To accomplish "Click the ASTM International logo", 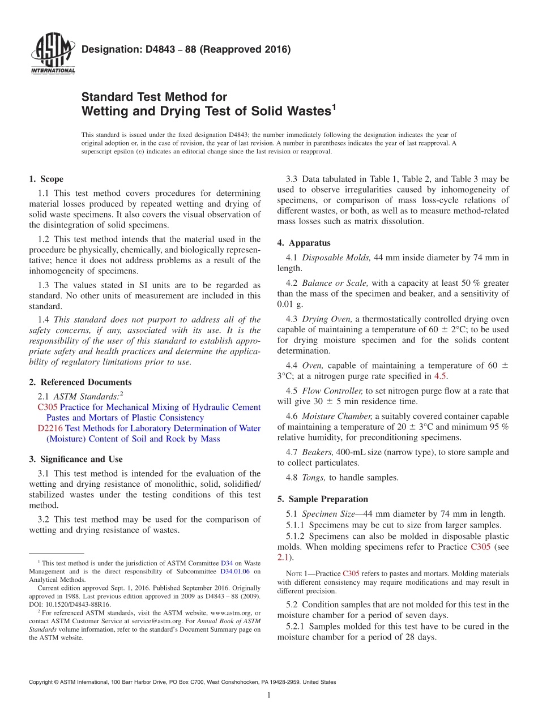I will pos(53,54).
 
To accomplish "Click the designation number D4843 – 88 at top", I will pos(186,49).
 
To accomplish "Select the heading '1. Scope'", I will pos(46,179).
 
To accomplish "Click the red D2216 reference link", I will pos(50,428).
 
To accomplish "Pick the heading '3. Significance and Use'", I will pos(76,459).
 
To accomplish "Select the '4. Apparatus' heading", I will pos(304,243).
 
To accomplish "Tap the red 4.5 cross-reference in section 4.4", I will pos(440,376).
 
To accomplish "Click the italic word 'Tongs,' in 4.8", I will pos(314,477).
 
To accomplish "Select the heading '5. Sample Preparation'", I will pos(322,499).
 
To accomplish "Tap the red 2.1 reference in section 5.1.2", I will pos(283,558).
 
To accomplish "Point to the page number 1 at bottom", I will pos(269,695).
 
